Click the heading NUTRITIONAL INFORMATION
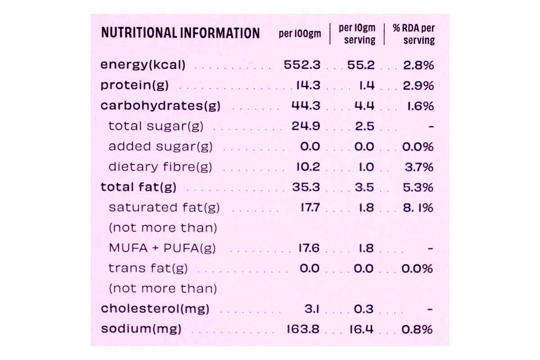(x=180, y=33)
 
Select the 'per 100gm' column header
(x=300, y=34)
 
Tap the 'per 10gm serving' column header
(x=357, y=34)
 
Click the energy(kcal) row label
(x=143, y=65)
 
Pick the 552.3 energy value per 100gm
(x=302, y=65)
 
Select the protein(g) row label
(x=134, y=85)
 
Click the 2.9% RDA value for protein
(x=418, y=85)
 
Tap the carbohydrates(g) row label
(x=160, y=106)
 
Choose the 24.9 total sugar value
(x=306, y=126)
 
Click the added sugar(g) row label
(x=160, y=147)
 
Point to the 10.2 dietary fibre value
(x=308, y=167)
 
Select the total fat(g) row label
(x=138, y=187)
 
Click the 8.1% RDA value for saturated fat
(x=418, y=208)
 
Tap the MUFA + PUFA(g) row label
(x=162, y=248)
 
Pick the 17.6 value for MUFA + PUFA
(x=309, y=248)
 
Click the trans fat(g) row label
(x=148, y=269)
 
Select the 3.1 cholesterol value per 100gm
(x=312, y=309)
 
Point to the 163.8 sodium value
(x=303, y=329)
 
